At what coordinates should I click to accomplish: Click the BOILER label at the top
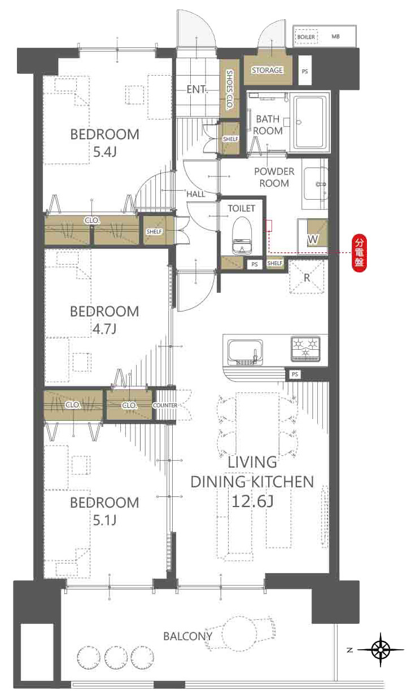(306, 37)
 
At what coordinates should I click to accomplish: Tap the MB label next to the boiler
(335, 37)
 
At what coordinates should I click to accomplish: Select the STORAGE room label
(268, 71)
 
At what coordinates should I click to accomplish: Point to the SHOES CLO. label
(229, 89)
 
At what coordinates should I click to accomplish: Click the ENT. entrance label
(196, 89)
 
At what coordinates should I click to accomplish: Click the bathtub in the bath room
(309, 122)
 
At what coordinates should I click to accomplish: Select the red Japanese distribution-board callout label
(359, 253)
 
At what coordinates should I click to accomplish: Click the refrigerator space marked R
(307, 277)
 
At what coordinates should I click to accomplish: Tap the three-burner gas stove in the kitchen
(305, 349)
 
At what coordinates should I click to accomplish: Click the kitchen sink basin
(245, 352)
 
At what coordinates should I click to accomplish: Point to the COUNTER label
(165, 405)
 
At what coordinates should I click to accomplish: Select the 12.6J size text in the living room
(252, 501)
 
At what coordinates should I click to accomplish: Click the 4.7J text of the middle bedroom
(104, 329)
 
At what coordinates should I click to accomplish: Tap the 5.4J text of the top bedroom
(105, 152)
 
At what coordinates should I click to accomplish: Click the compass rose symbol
(381, 650)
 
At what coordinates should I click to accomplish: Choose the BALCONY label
(187, 636)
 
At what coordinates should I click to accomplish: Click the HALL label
(196, 194)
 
